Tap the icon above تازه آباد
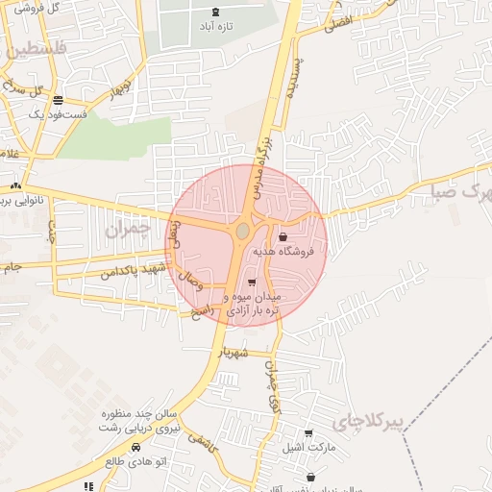coord(214,12)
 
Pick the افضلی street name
coord(339,21)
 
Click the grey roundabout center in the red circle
coord(243,232)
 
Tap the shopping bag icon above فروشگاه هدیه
coord(283,236)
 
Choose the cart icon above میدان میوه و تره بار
coord(252,283)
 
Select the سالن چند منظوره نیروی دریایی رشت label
coord(141,419)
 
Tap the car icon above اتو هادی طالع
coord(135,447)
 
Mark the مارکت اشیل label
coord(308,448)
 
